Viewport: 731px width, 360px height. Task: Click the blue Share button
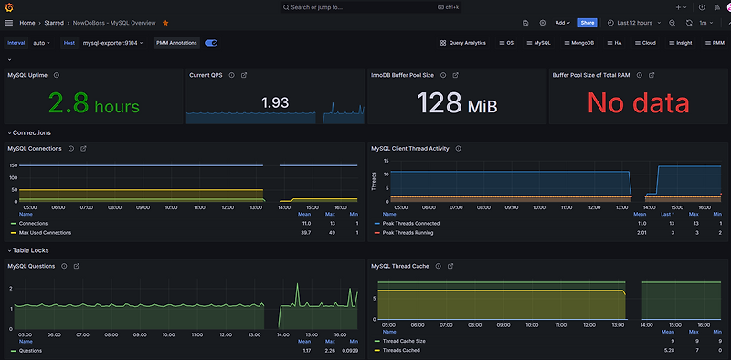pyautogui.click(x=588, y=22)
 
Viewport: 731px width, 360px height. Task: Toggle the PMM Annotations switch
pyautogui.click(x=211, y=42)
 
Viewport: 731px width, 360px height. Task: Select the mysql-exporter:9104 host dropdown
pyautogui.click(x=112, y=42)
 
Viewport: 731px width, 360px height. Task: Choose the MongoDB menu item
pyautogui.click(x=577, y=42)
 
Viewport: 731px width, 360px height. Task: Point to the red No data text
pyautogui.click(x=637, y=104)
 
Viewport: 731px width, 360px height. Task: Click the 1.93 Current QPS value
pyautogui.click(x=275, y=102)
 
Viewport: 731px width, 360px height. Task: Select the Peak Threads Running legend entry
pyautogui.click(x=409, y=232)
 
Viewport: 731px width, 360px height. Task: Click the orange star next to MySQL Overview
pyautogui.click(x=165, y=22)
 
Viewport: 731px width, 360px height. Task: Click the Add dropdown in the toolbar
pyautogui.click(x=563, y=22)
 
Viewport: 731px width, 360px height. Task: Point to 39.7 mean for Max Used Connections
pyautogui.click(x=305, y=232)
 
